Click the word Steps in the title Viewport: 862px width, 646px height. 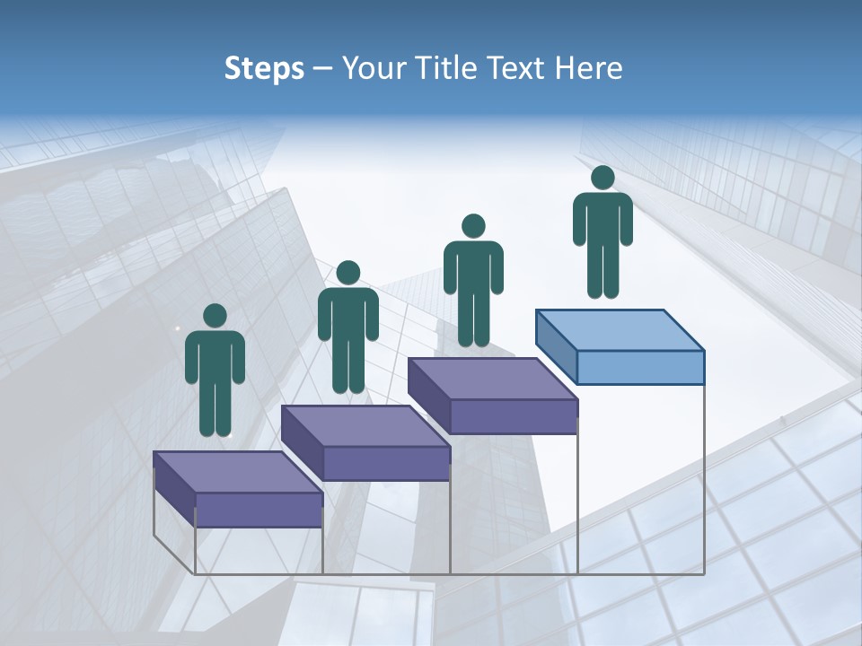coord(264,68)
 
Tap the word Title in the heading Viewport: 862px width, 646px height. coord(450,68)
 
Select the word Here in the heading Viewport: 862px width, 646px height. coord(587,68)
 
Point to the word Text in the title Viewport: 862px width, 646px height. coord(518,68)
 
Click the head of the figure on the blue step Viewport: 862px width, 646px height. coord(603,178)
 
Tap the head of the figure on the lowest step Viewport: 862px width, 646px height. coord(215,316)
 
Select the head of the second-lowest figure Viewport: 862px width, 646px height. coord(347,273)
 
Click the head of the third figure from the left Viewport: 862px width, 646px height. coord(473,226)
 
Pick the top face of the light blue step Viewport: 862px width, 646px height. coord(620,329)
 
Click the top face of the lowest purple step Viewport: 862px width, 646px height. coord(237,471)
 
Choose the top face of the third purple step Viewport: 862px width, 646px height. coord(492,378)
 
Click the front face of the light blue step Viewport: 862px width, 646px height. coord(640,367)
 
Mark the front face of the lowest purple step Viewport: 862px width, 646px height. coord(259,510)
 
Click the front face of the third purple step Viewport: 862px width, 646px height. coord(513,416)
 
